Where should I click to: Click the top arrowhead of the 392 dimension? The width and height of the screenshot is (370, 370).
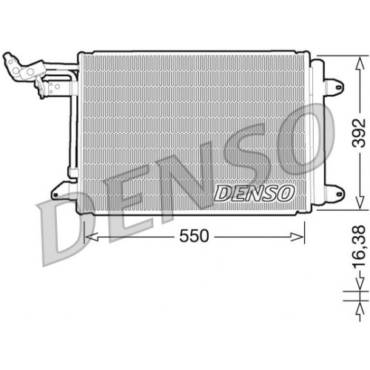[358, 59]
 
